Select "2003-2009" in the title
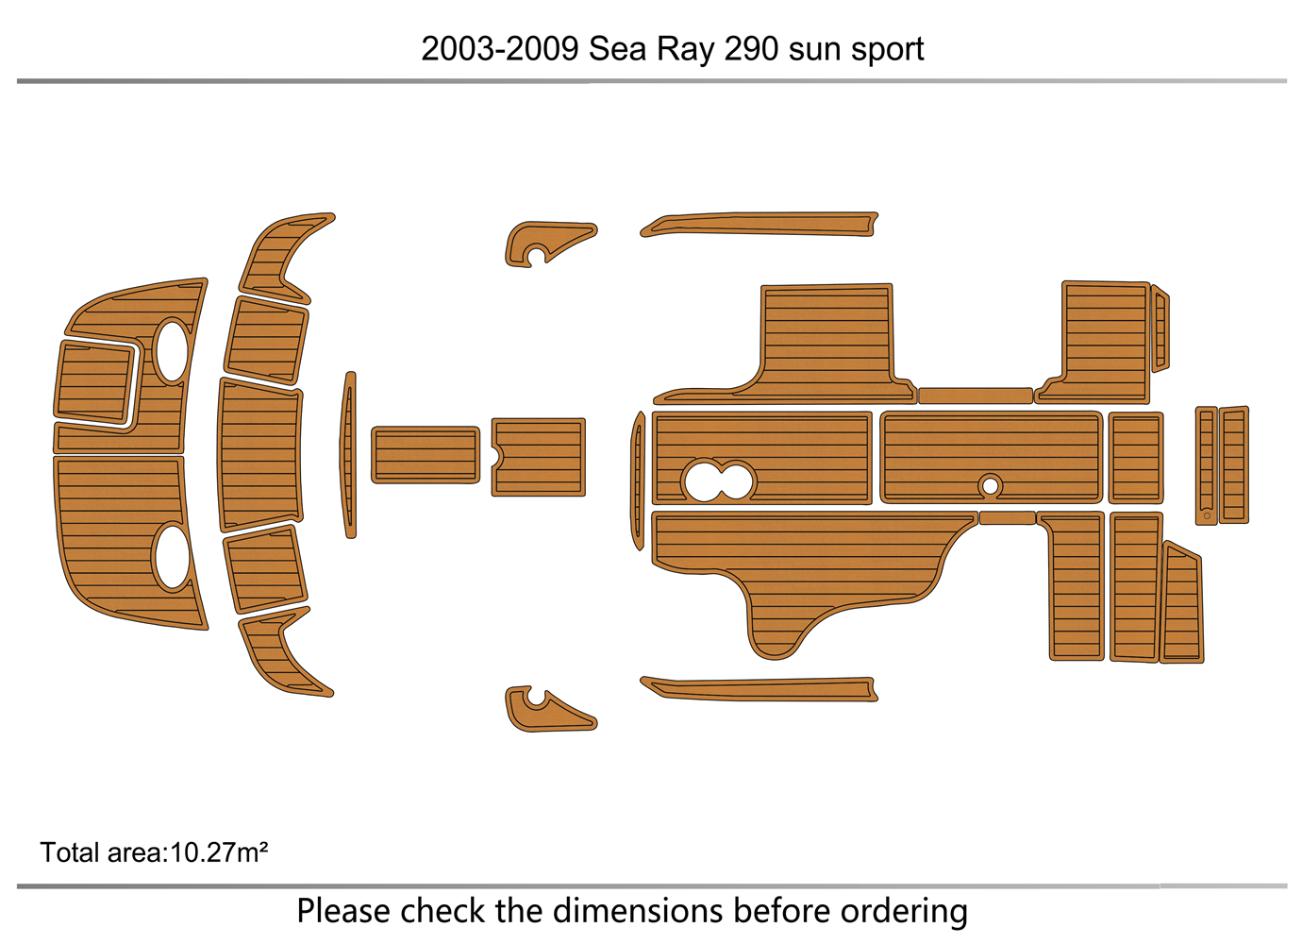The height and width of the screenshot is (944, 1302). [x=500, y=49]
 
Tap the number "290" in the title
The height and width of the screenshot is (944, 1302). [x=751, y=49]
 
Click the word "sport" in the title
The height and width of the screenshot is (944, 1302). [x=887, y=51]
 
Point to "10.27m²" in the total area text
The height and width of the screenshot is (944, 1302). [x=218, y=852]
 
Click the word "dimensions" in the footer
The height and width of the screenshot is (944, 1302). [x=638, y=911]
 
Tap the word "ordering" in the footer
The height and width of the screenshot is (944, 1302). [x=904, y=913]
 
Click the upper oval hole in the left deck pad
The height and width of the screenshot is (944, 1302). [x=172, y=351]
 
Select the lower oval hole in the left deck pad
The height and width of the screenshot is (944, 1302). [x=172, y=557]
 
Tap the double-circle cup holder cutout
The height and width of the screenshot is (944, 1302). [x=719, y=480]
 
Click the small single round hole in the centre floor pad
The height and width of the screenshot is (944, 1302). [x=990, y=485]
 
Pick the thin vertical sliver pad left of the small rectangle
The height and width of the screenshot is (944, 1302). [x=349, y=455]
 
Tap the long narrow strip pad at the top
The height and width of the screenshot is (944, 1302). [x=759, y=225]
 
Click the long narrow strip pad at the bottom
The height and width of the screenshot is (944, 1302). [x=759, y=689]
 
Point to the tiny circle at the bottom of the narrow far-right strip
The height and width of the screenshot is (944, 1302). [x=1207, y=516]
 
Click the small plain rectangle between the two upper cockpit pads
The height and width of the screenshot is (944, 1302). [x=975, y=396]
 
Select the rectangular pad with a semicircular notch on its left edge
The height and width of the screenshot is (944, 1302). [x=538, y=457]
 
